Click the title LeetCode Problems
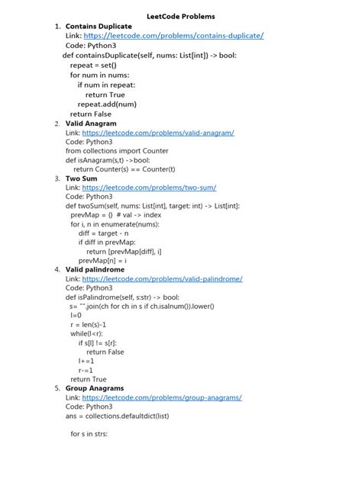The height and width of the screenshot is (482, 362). (x=181, y=16)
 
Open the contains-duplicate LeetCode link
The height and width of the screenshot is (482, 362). (x=173, y=36)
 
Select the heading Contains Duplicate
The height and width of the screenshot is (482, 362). (x=99, y=26)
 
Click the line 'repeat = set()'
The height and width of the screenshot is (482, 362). (x=94, y=66)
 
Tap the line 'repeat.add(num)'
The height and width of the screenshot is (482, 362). (x=107, y=104)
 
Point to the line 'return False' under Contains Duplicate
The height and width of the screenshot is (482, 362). (x=91, y=114)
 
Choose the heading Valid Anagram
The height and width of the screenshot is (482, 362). (x=91, y=124)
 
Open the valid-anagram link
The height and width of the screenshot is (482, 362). (x=158, y=133)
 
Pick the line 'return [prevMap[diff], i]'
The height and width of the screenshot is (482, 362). (x=124, y=252)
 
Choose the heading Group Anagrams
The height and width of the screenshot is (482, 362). (x=95, y=388)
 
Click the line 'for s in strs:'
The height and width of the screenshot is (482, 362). (x=89, y=434)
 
